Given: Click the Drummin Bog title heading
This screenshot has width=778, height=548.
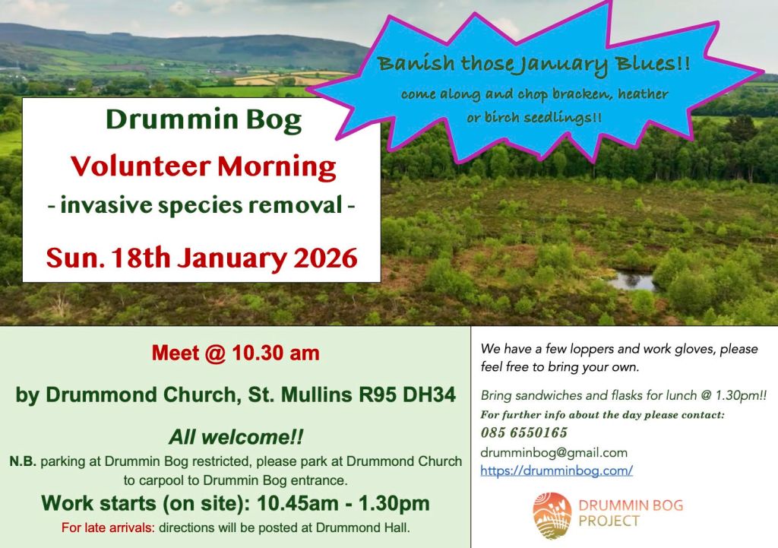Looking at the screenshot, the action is coord(204,120).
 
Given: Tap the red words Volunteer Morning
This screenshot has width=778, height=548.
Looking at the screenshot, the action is coord(204,166).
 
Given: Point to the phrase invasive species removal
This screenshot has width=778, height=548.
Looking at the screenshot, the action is coord(201,205).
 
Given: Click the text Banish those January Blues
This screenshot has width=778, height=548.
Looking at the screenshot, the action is coord(533,65).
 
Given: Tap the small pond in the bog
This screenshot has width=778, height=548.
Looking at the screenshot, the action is coord(631,281).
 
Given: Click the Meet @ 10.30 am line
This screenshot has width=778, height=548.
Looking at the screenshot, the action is coord(236,353).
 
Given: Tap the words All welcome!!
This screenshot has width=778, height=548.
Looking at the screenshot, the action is coord(236,437).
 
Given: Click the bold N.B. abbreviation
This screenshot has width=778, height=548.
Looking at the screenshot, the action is coord(23,461).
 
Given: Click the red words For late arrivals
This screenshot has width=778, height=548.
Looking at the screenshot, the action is coord(108,527).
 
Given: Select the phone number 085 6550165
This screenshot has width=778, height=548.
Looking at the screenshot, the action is coord(523,432).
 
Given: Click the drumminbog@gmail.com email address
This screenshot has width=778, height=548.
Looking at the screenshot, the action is coord(554,453).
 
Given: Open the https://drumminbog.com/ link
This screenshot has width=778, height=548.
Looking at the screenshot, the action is coord(556,470).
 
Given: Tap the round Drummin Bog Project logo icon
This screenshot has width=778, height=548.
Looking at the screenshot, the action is coord(552,516).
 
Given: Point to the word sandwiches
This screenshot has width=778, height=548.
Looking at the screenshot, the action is coord(549,395).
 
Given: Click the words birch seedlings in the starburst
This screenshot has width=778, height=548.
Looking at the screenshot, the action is coord(533,118).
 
